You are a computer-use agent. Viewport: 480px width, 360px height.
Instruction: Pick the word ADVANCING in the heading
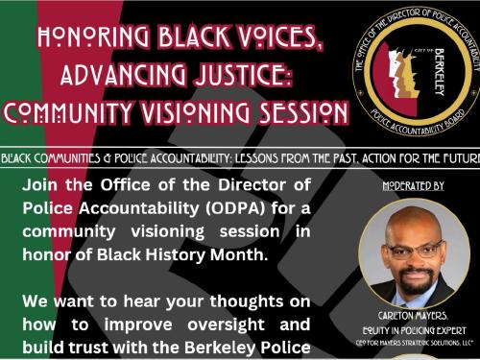click(134, 75)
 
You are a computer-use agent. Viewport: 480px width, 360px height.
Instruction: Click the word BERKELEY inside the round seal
click(433, 76)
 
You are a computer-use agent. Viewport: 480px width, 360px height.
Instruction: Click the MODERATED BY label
click(413, 184)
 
